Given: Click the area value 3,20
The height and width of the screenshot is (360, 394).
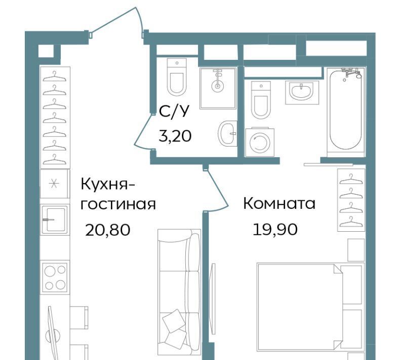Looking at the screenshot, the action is click(175, 136).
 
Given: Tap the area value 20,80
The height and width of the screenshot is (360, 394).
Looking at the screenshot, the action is click(108, 230).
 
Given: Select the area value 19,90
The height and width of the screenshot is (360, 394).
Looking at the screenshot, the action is click(275, 229).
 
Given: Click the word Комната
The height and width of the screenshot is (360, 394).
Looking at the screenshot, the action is click(279, 203).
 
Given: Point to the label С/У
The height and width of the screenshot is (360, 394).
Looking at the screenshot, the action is click(174, 111).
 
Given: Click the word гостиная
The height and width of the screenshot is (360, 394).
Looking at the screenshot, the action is click(118, 204).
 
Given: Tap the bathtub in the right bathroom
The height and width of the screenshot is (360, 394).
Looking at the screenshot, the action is click(346, 111).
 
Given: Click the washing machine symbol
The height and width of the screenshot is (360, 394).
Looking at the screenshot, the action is click(260, 142).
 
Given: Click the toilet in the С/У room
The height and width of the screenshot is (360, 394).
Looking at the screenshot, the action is click(177, 77).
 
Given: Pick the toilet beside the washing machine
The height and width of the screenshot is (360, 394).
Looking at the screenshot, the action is click(261, 100).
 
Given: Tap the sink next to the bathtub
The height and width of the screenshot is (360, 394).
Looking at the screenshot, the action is click(302, 93).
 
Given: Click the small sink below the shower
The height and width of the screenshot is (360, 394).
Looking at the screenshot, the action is click(227, 133).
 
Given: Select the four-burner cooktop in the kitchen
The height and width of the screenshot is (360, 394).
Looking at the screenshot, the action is click(55, 277).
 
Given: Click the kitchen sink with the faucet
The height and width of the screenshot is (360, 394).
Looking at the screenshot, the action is click(55, 220).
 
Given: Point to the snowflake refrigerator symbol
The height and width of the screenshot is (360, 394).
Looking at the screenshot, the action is click(54, 184).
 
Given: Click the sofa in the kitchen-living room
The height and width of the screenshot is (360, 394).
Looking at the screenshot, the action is click(179, 292).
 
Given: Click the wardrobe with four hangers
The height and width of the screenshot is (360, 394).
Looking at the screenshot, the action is click(351, 200).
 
